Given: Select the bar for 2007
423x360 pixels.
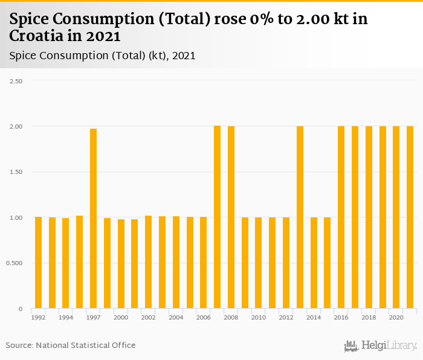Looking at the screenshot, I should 217,217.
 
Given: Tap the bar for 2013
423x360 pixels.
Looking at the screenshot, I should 300,217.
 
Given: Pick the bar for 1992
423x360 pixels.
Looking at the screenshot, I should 38,263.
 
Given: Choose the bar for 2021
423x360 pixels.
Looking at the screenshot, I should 410,217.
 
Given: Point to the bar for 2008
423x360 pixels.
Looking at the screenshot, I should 231,217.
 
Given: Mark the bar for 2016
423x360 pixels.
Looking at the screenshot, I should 341,217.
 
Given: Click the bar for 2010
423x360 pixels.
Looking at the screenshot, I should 258,263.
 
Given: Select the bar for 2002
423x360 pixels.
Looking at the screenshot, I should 148,262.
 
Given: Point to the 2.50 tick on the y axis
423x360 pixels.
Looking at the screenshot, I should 16,80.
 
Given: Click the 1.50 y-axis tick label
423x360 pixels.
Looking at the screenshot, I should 16,172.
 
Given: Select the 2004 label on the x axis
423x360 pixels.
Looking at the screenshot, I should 176,317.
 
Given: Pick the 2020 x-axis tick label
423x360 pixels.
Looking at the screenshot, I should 396,317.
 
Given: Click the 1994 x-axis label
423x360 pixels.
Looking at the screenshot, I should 66,317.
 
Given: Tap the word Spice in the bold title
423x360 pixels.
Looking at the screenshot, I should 31,19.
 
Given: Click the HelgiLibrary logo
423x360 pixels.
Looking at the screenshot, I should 380,346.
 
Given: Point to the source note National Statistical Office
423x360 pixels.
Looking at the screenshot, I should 85,345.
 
